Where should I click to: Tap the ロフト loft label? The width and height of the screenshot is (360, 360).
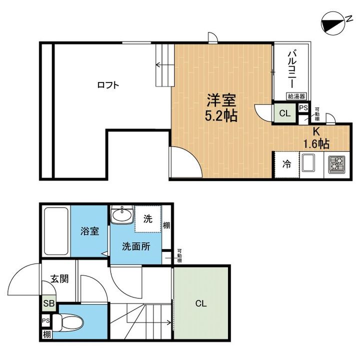point(108,85)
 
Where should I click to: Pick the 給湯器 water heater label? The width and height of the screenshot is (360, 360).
point(296,96)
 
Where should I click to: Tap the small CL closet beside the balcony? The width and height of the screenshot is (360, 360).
point(284,113)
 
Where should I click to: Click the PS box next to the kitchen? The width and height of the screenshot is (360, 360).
point(302,108)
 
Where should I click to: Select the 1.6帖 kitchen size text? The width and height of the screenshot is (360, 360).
point(316,144)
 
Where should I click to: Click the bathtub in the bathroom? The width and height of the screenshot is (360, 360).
point(55,230)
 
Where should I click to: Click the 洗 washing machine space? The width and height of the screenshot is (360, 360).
point(148,219)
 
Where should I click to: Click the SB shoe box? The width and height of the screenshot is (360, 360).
point(49,303)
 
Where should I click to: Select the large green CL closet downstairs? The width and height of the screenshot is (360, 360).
point(201,303)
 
